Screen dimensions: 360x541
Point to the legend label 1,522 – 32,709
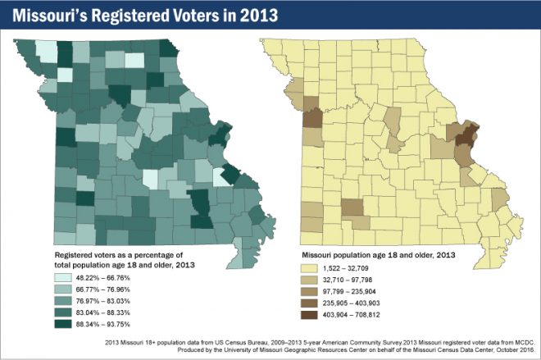tap(357, 268)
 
